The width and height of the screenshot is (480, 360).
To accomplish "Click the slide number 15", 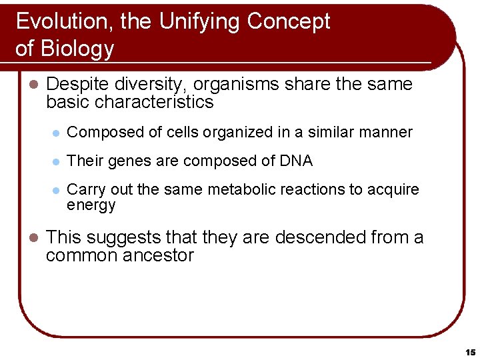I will tap(470, 351).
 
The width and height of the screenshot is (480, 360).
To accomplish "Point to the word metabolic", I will tap(252, 189).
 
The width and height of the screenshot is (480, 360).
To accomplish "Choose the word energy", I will tap(91, 205).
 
